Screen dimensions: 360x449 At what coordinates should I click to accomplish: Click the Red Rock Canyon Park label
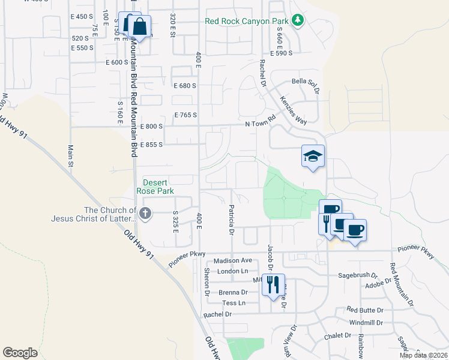pyautogui.click(x=246, y=21)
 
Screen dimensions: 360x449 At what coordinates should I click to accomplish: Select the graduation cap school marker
pyautogui.click(x=313, y=157)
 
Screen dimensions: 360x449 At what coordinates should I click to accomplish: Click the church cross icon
pyautogui.click(x=145, y=213)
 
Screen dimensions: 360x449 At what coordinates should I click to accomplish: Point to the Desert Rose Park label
pyautogui.click(x=158, y=187)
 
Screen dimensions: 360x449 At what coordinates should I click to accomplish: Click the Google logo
pyautogui.click(x=20, y=352)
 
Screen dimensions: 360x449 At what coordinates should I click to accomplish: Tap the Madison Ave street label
pyautogui.click(x=233, y=260)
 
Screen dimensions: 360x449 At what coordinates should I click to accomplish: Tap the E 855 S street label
pyautogui.click(x=152, y=145)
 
